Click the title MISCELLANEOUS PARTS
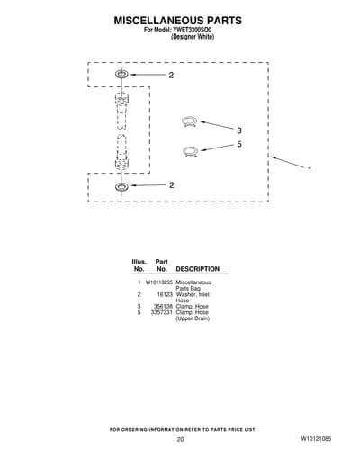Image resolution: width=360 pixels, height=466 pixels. [x=177, y=21]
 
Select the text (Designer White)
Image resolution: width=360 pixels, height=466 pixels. [x=193, y=37]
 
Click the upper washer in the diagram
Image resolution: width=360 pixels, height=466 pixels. [x=121, y=74]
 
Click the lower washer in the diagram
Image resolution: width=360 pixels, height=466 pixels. [x=121, y=186]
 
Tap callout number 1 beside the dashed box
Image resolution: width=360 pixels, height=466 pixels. [x=310, y=170]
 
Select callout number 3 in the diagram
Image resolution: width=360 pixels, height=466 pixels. [x=239, y=130]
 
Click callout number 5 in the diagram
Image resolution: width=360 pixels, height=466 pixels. [x=239, y=144]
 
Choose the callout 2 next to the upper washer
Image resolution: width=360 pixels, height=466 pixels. [x=171, y=75]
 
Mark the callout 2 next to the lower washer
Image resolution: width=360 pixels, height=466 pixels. [x=171, y=185]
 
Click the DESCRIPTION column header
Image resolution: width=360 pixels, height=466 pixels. [x=198, y=269]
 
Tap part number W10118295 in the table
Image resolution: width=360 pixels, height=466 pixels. [x=159, y=282]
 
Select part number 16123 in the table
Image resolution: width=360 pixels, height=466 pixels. [x=165, y=294]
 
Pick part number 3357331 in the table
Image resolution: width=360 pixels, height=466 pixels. [x=162, y=312]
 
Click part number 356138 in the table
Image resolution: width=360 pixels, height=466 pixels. [x=163, y=306]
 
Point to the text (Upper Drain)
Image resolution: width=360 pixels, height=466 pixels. [x=193, y=318]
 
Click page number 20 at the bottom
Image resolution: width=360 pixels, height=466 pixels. [x=180, y=439]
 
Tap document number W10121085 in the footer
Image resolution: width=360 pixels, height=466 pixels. [x=316, y=439]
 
